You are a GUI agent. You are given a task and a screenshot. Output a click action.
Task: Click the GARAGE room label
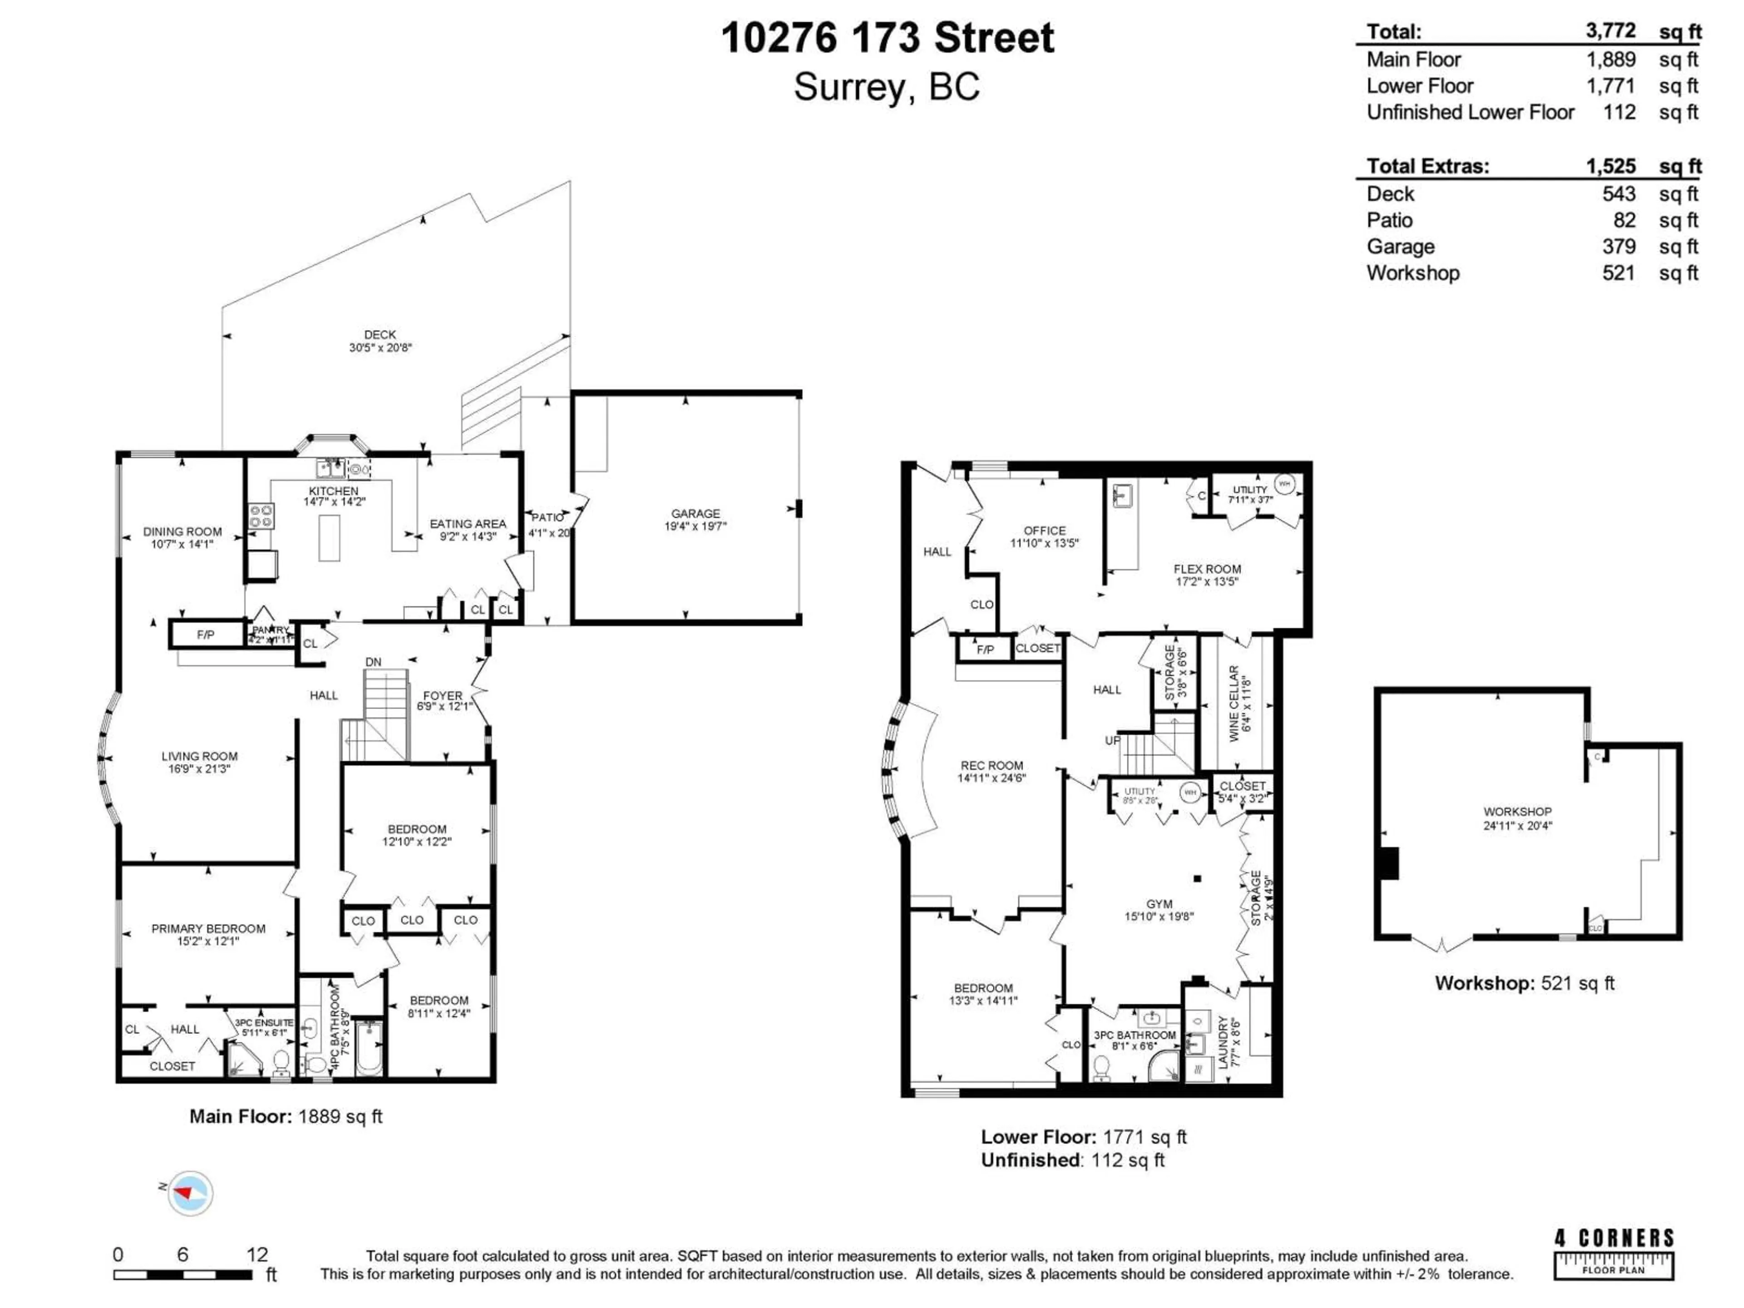(695, 513)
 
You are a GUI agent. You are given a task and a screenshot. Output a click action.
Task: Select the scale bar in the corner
(183, 1274)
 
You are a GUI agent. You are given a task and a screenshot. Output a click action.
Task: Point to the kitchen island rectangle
(330, 538)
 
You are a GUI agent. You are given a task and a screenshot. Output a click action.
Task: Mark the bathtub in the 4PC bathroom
(368, 1048)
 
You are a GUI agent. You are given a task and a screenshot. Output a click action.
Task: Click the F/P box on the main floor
(206, 634)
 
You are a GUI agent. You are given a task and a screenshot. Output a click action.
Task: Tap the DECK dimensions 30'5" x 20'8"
(380, 347)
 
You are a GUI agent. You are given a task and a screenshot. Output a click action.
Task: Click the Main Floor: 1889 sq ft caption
(285, 1116)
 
